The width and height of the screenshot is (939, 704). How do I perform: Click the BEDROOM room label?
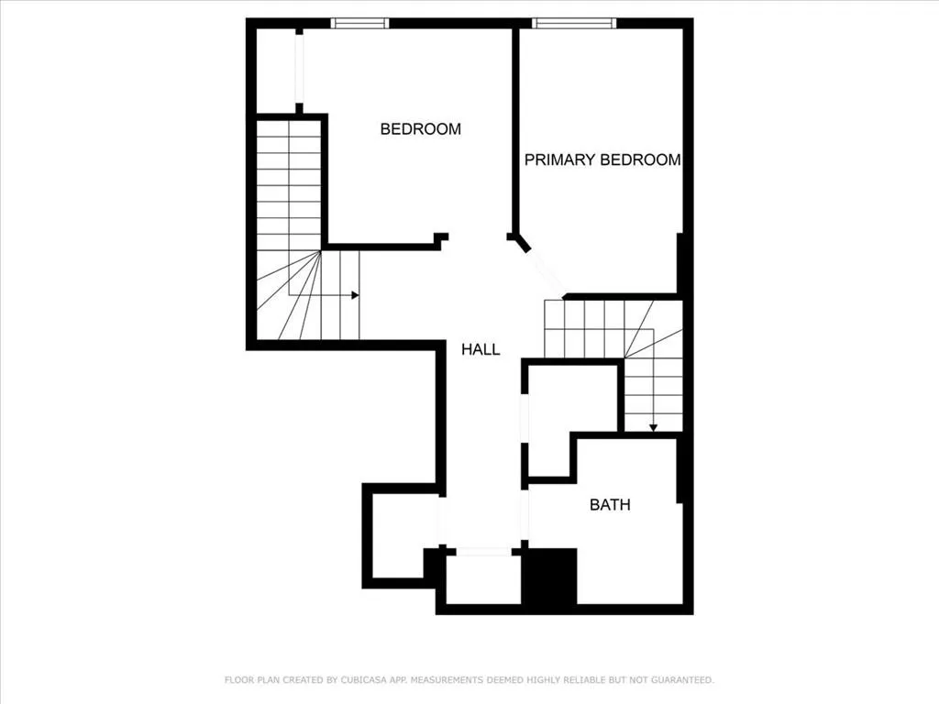pyautogui.click(x=420, y=129)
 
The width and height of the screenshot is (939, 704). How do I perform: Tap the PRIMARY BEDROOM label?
pyautogui.click(x=602, y=159)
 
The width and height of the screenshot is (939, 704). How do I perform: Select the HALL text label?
pyautogui.click(x=481, y=349)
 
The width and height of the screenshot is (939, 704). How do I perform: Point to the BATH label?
pyautogui.click(x=610, y=504)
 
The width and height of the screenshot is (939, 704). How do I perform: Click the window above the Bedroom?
pyautogui.click(x=360, y=23)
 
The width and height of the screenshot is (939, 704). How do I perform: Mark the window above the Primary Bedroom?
pyautogui.click(x=574, y=23)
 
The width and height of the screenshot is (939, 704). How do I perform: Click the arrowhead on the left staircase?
pyautogui.click(x=354, y=295)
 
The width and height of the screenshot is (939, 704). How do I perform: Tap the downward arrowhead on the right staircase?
pyautogui.click(x=653, y=426)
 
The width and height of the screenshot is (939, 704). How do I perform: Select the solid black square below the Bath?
pyautogui.click(x=548, y=577)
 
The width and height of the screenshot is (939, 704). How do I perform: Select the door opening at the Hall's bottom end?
pyautogui.click(x=483, y=552)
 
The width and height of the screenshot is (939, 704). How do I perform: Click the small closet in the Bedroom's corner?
pyautogui.click(x=276, y=71)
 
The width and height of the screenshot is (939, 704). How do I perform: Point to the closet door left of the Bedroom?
pyautogui.click(x=299, y=69)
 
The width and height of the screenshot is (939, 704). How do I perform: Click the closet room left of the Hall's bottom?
pyautogui.click(x=402, y=533)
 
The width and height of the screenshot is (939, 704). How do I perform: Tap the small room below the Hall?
pyautogui.click(x=483, y=579)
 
